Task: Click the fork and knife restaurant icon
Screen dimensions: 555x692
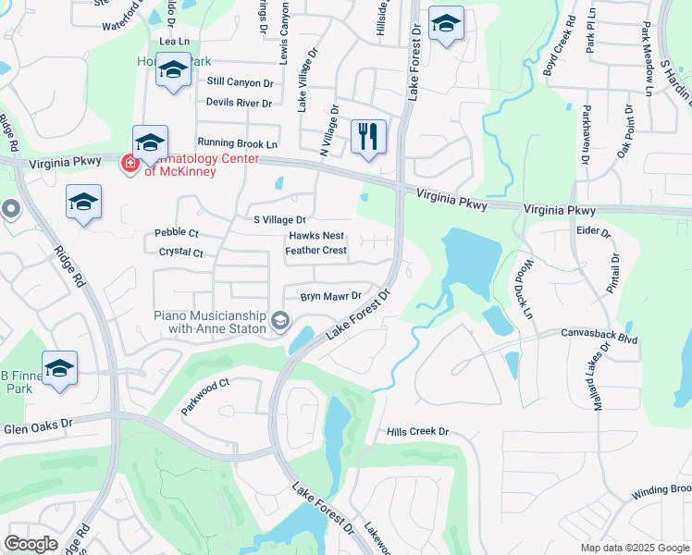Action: [x=369, y=137]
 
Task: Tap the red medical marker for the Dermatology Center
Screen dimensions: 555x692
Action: [x=130, y=165]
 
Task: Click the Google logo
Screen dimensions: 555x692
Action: [x=31, y=544]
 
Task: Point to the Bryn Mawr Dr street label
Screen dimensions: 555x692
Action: [x=330, y=296]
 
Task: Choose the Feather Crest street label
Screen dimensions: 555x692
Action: [x=315, y=251]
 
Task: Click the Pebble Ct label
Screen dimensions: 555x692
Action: [x=176, y=233]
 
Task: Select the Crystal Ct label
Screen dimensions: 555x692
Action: [x=180, y=252]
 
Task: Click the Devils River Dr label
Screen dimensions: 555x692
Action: [x=239, y=103]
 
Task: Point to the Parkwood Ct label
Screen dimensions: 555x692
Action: [x=204, y=396]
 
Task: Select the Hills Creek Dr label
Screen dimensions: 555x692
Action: [x=417, y=432]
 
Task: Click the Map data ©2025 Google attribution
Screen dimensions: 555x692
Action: [x=634, y=548]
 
